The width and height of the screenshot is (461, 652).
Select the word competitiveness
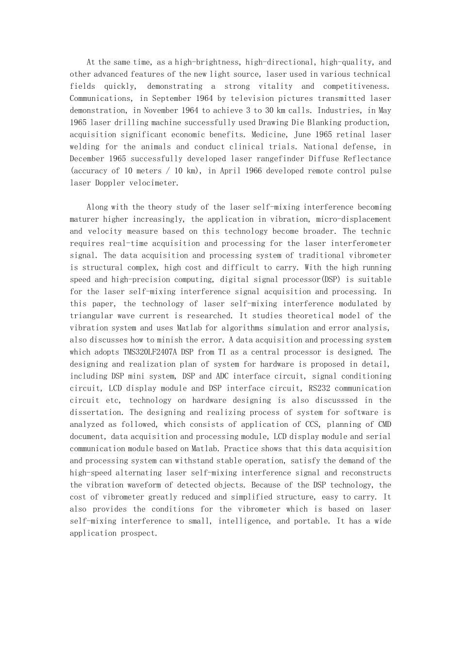pos(356,86)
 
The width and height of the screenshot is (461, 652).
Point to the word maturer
pos(84,219)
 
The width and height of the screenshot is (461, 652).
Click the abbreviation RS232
pos(318,388)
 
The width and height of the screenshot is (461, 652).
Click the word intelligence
pos(244,521)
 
